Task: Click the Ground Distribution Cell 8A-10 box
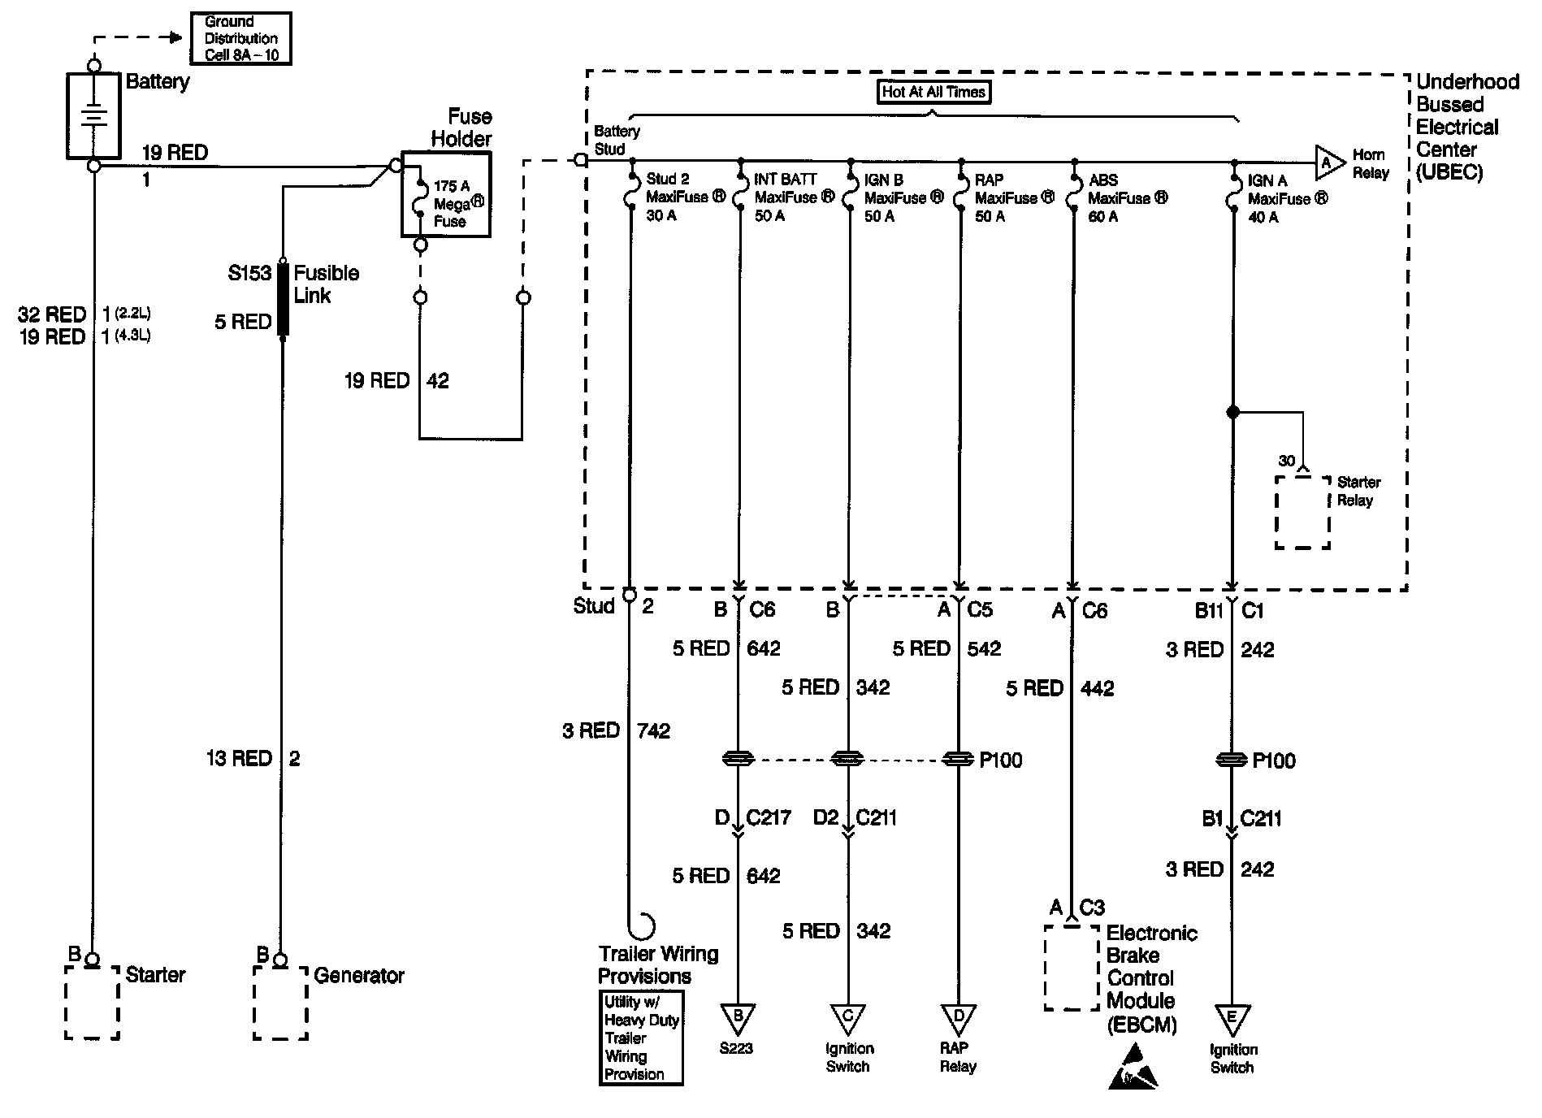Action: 240,38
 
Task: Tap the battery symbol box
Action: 93,115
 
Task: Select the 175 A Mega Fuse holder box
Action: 446,195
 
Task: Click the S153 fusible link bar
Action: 283,298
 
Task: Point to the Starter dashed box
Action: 92,1003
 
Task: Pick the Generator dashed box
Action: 280,1003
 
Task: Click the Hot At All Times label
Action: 933,92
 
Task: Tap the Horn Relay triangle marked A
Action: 1327,163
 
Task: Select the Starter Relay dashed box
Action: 1302,513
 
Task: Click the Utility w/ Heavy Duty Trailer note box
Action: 641,1038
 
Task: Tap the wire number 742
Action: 654,731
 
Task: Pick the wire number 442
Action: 1097,689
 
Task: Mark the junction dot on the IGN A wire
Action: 1232,413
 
